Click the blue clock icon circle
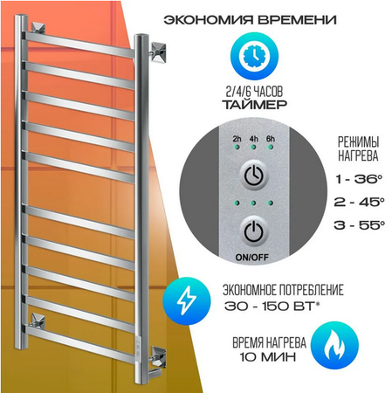coord(254,55)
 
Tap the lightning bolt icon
coord(187,300)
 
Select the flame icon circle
coord(334,345)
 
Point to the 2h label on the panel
coord(237,139)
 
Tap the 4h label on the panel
coord(253,139)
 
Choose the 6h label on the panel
coord(271,139)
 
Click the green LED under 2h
coord(237,147)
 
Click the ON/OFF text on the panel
coord(251,258)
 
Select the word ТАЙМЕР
coord(255,105)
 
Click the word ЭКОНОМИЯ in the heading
coord(209,20)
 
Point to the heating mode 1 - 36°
coord(358,179)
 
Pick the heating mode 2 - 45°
coord(359,202)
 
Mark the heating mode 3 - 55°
coord(359,224)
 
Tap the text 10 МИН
coord(267,356)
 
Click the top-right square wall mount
coord(158,52)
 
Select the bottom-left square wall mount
coord(38,322)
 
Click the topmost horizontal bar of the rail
coord(80,45)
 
